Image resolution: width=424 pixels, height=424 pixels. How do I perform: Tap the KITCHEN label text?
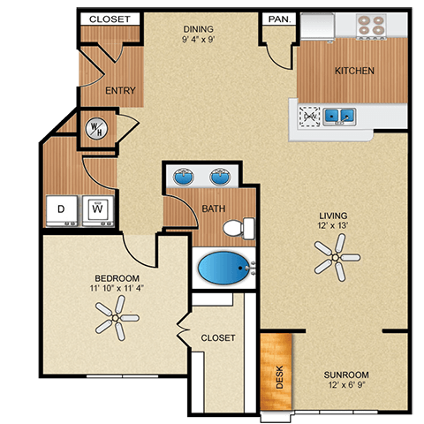[x=353, y=71]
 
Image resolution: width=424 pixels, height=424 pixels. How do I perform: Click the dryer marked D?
[x=62, y=210]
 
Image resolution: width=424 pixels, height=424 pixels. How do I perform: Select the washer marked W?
[x=98, y=210]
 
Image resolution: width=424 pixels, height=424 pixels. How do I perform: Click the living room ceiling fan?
[x=337, y=259]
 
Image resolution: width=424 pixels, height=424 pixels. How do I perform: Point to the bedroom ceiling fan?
[x=116, y=316]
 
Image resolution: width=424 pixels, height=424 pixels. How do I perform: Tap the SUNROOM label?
[x=345, y=374]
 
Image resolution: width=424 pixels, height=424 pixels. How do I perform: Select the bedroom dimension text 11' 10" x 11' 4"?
[x=115, y=286]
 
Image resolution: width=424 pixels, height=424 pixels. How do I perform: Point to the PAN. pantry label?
[x=276, y=18]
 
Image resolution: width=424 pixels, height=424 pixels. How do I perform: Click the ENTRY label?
[x=119, y=90]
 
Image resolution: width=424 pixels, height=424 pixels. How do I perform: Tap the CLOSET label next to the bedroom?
[x=216, y=337]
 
